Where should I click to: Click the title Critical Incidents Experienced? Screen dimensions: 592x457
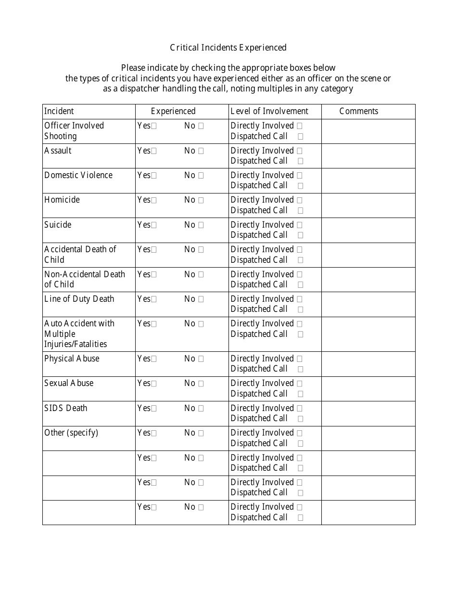coord(228,47)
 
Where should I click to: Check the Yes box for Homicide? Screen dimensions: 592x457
coord(154,200)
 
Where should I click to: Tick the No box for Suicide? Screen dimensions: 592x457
coord(201,225)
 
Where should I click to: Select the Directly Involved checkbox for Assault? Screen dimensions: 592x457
coord(300,151)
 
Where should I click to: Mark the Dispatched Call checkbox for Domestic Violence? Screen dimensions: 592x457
coord(301,186)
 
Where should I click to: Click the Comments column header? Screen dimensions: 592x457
coord(359,111)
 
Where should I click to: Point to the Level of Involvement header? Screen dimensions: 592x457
coord(269,111)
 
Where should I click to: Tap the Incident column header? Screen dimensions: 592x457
coord(59,111)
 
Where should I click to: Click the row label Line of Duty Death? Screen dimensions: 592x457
coord(79,299)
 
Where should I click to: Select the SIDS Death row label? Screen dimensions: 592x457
coord(66,408)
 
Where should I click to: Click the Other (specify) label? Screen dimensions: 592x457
coord(71,433)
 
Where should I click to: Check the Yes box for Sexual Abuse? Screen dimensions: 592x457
coord(154,384)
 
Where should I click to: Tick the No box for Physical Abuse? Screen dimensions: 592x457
coord(201,359)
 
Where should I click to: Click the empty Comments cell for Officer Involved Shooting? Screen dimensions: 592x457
coord(368,131)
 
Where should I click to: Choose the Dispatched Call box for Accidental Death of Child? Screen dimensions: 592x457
coord(301,260)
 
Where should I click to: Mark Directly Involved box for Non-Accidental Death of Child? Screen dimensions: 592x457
coord(300,275)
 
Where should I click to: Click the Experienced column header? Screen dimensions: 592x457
coord(173,111)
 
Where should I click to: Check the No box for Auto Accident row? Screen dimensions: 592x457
coord(201,324)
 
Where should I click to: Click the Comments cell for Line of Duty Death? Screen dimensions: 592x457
coord(368,304)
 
